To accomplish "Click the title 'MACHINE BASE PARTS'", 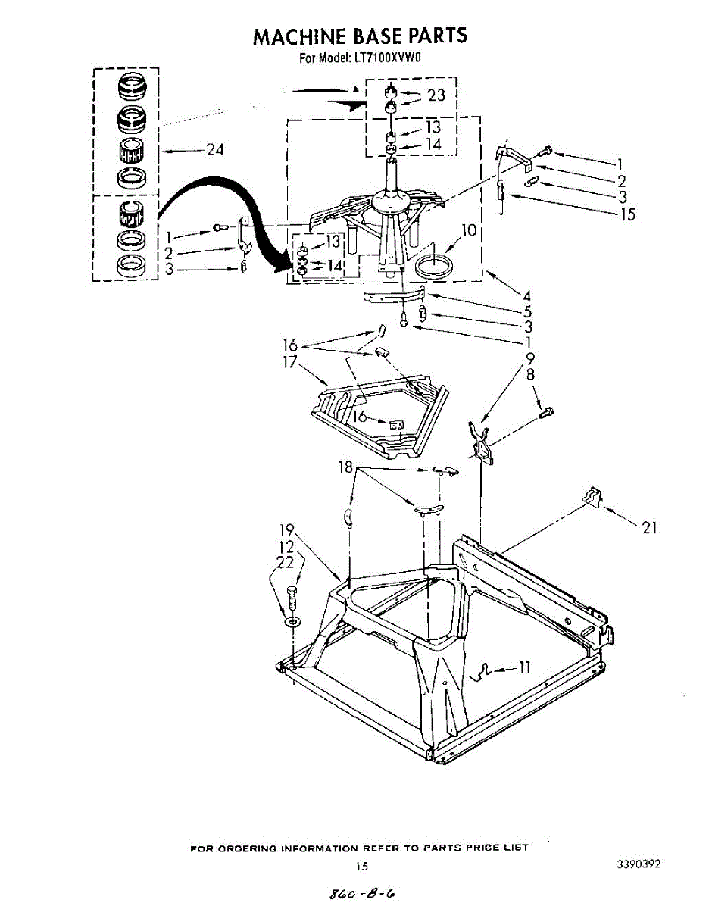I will click(x=360, y=36).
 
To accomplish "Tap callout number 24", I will click(x=215, y=150).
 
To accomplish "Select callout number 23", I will click(x=436, y=95).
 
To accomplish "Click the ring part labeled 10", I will click(x=436, y=266).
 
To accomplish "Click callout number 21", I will click(x=648, y=528).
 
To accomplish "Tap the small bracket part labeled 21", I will click(x=591, y=497).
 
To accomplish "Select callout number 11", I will click(x=524, y=667).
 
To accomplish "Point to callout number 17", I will click(x=289, y=362).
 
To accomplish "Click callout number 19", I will click(x=287, y=529).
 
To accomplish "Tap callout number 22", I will click(x=285, y=562).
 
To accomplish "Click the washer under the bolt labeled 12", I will click(x=292, y=621).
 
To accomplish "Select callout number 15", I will click(x=627, y=214).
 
